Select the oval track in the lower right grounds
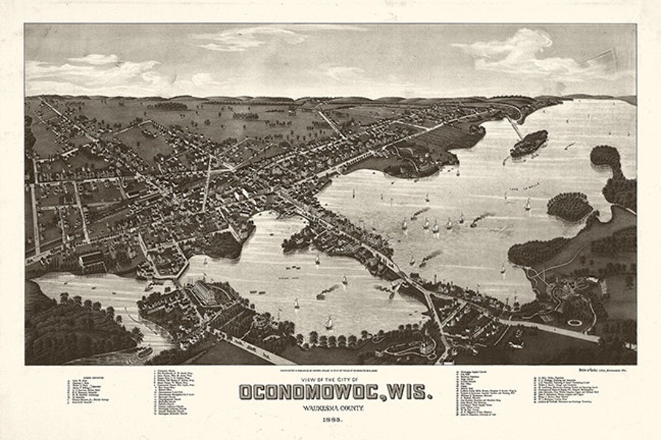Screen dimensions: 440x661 tap(575, 322)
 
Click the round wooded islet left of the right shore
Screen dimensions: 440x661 tap(569, 206)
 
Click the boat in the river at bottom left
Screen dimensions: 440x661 tap(144, 353)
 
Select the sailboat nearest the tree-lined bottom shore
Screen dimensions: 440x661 tap(329, 323)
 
